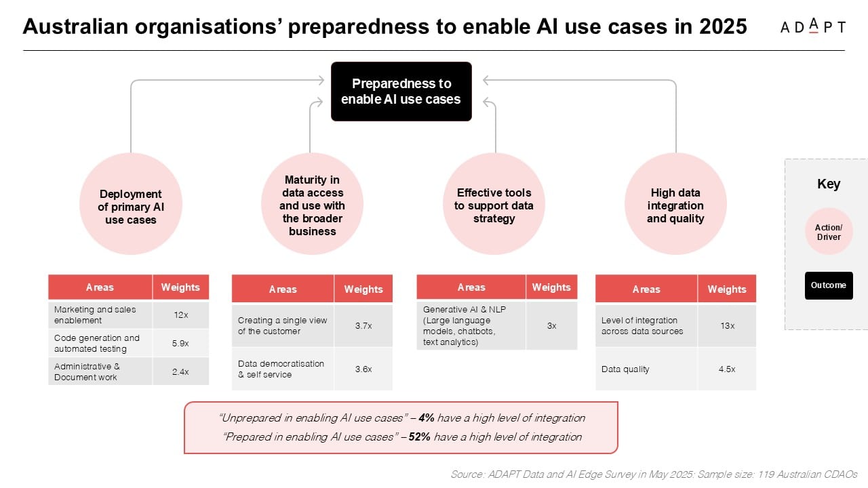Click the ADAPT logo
click(x=812, y=26)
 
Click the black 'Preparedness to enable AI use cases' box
click(x=401, y=91)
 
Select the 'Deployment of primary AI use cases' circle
click(x=131, y=204)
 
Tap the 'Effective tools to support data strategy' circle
click(x=494, y=204)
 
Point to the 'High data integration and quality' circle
click(x=675, y=204)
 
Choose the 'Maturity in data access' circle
click(x=312, y=204)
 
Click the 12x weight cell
click(x=180, y=315)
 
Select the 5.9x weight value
click(x=180, y=343)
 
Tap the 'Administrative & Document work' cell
click(x=100, y=371)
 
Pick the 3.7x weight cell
click(x=363, y=326)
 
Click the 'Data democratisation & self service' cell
click(x=283, y=369)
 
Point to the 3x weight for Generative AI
click(x=551, y=326)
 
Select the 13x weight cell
click(x=727, y=326)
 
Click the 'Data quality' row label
click(x=625, y=369)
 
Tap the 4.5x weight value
click(x=727, y=369)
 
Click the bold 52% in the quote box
click(x=419, y=437)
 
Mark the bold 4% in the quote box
click(x=427, y=418)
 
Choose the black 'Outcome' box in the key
click(x=829, y=285)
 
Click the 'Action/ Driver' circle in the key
click(x=829, y=231)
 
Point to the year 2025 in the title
click(x=723, y=26)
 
